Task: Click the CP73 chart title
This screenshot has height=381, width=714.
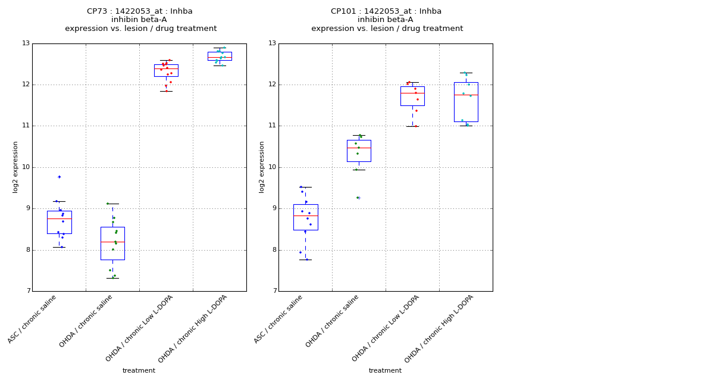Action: pyautogui.click(x=140, y=20)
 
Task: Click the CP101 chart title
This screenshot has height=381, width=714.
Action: pyautogui.click(x=386, y=20)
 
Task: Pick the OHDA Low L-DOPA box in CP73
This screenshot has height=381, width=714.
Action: pyautogui.click(x=166, y=70)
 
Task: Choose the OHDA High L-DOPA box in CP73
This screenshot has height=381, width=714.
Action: pyautogui.click(x=220, y=56)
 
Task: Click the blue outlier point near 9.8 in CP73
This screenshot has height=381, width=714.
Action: pyautogui.click(x=59, y=177)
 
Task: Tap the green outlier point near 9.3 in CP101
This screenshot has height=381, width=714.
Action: pyautogui.click(x=358, y=198)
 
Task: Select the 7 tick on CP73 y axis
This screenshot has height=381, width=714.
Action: pyautogui.click(x=27, y=291)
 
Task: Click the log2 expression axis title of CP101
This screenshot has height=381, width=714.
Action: pyautogui.click(x=262, y=167)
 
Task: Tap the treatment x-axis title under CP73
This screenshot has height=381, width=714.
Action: pyautogui.click(x=139, y=371)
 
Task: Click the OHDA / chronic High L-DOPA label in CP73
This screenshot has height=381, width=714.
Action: pyautogui.click(x=193, y=329)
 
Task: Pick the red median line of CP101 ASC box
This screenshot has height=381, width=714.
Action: pyautogui.click(x=305, y=216)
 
